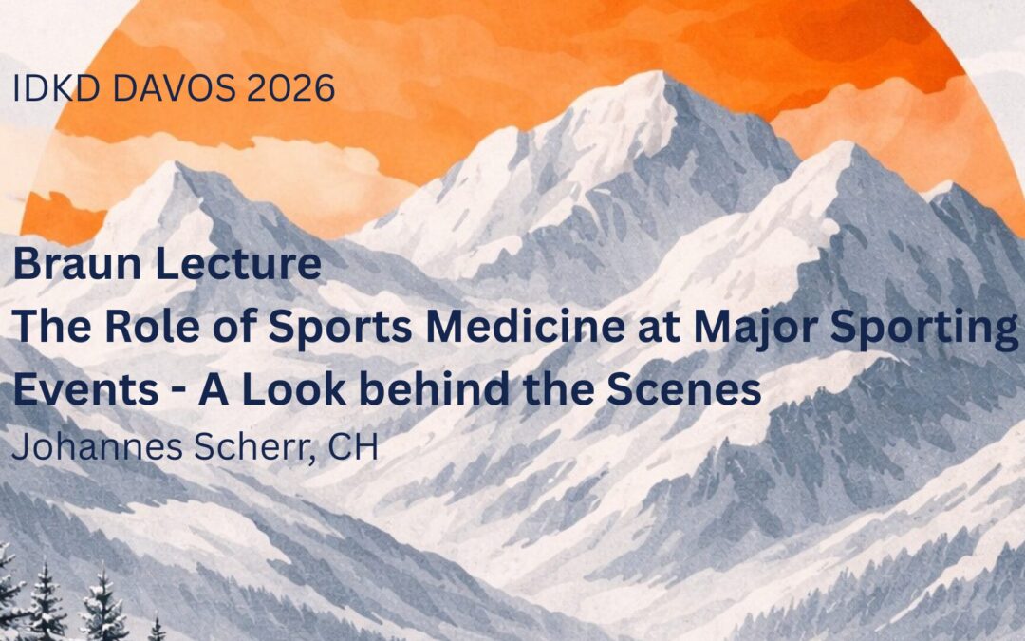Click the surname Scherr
coord(258,447)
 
